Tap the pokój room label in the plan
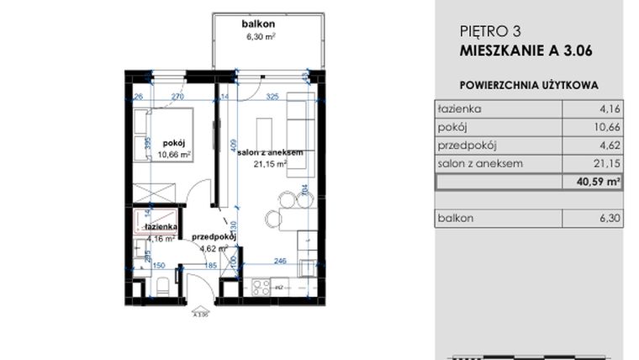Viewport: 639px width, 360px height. [x=175, y=143]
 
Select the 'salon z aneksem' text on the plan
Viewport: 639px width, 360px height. [x=269, y=152]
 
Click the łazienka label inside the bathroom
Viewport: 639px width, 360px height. [x=160, y=227]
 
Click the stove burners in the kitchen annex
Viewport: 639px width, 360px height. [x=261, y=287]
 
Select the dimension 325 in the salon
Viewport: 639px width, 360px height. [x=272, y=97]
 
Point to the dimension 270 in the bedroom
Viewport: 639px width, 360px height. [x=177, y=97]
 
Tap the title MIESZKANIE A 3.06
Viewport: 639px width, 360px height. [x=526, y=50]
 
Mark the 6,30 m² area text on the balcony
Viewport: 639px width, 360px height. [x=258, y=37]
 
